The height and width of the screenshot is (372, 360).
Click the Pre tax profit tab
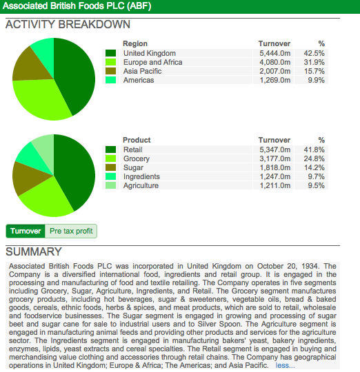[71, 231]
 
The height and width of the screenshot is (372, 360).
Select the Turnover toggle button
[26, 231]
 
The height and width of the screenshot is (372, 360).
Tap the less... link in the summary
[285, 365]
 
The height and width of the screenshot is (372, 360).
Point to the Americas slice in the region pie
[45, 53]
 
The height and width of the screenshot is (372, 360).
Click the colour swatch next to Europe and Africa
[110, 62]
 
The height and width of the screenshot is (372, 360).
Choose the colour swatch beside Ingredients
[110, 176]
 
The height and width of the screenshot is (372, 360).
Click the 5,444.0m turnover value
[274, 53]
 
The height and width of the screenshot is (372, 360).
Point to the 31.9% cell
[314, 62]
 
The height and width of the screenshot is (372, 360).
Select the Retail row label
[132, 149]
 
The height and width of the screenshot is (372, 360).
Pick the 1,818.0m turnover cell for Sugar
[274, 167]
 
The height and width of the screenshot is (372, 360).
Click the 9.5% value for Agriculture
[316, 185]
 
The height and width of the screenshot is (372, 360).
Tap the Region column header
[135, 43]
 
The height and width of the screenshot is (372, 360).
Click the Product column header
[137, 140]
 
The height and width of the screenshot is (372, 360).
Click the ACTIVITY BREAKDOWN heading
[68, 24]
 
